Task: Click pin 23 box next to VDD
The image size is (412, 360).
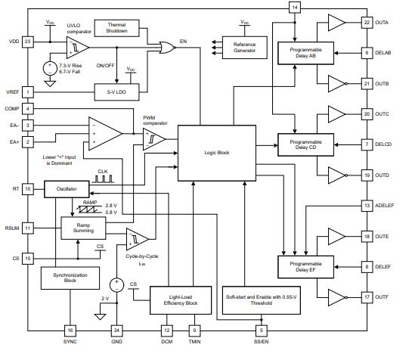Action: coord(28,42)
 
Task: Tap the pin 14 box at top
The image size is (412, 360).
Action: coord(295,7)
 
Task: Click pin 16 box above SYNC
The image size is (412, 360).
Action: coord(70,331)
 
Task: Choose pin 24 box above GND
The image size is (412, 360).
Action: coord(116,331)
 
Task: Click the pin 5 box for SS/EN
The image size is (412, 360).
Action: coord(262,331)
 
